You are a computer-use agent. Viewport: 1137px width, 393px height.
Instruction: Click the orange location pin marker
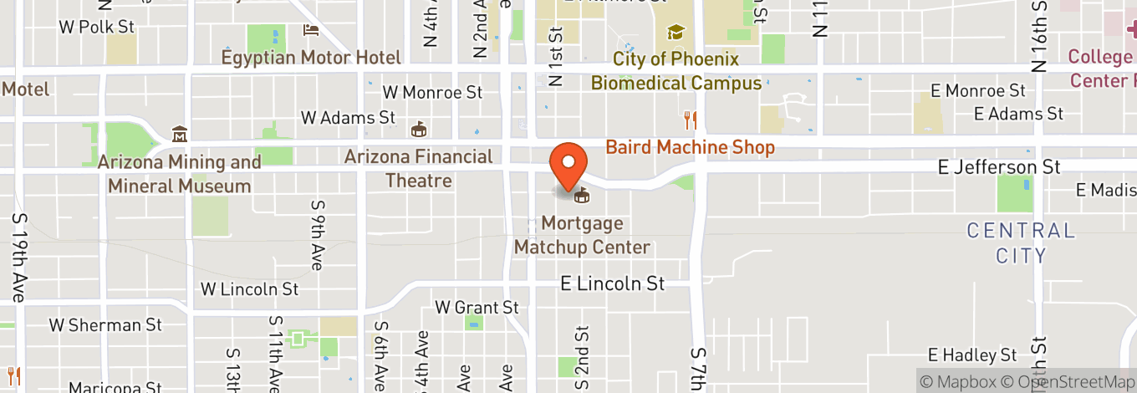[568, 166]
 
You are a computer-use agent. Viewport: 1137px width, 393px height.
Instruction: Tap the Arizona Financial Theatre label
[419, 168]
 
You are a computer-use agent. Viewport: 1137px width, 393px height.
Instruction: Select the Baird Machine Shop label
[690, 148]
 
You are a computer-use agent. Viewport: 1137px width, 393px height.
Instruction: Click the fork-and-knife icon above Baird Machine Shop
[690, 120]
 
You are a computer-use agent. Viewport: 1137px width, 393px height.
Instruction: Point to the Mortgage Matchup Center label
[582, 235]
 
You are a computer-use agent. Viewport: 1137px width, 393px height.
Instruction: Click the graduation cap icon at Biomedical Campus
[676, 33]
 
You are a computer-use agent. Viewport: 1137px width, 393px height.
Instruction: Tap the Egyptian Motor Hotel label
[311, 58]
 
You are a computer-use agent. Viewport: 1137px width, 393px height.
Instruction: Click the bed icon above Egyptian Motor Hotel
[311, 31]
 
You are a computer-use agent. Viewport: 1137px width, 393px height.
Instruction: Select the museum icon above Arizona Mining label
[179, 135]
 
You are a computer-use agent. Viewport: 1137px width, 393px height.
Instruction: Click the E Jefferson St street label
[999, 168]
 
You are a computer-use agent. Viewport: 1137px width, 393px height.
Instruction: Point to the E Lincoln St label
[613, 284]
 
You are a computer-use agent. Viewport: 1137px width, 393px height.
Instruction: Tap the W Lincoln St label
[249, 289]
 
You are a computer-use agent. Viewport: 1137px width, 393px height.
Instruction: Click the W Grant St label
[477, 309]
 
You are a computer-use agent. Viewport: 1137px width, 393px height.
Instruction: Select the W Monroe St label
[432, 92]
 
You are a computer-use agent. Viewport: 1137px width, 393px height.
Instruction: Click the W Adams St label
[347, 118]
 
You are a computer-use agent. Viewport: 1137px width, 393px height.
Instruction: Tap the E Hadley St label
[973, 355]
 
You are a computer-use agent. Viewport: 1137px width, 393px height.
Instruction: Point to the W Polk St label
[96, 28]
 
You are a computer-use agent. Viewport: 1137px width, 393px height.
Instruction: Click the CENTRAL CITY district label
[1021, 242]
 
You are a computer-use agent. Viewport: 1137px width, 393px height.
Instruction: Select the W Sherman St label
[105, 324]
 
